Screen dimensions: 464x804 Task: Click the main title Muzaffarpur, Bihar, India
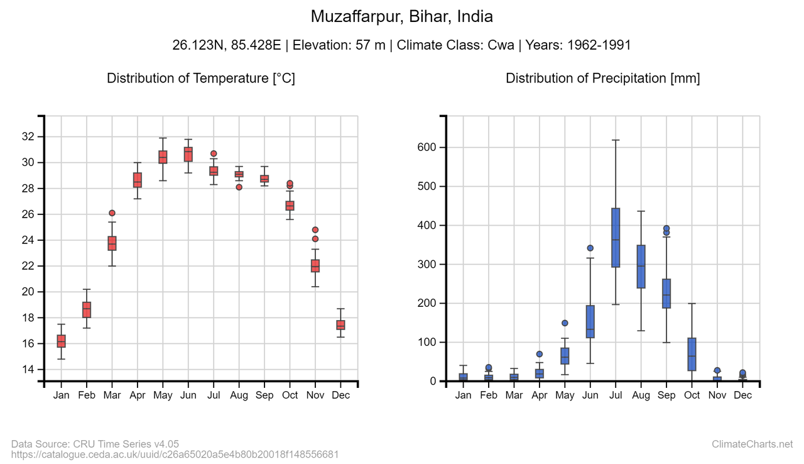[x=402, y=16]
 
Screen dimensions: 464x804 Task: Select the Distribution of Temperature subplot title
[x=201, y=78]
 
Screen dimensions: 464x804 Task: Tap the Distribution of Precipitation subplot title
[x=602, y=78]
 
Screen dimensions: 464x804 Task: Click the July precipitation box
[x=616, y=238]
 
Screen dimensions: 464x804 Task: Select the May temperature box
[x=163, y=157]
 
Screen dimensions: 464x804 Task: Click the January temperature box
[x=61, y=341]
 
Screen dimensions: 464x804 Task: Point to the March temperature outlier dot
[x=112, y=213]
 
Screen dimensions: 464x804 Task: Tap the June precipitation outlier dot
[x=590, y=248]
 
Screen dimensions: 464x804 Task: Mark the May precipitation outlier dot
[x=565, y=323]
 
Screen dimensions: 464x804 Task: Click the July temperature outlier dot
[x=214, y=153]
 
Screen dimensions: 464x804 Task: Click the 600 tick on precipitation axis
[x=426, y=147]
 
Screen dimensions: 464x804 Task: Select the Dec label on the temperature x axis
[x=340, y=395]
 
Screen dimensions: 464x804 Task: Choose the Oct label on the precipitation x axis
[x=692, y=395]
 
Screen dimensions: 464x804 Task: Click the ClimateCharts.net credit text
[x=752, y=445]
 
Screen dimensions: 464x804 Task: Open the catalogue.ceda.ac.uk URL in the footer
[x=175, y=454]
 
